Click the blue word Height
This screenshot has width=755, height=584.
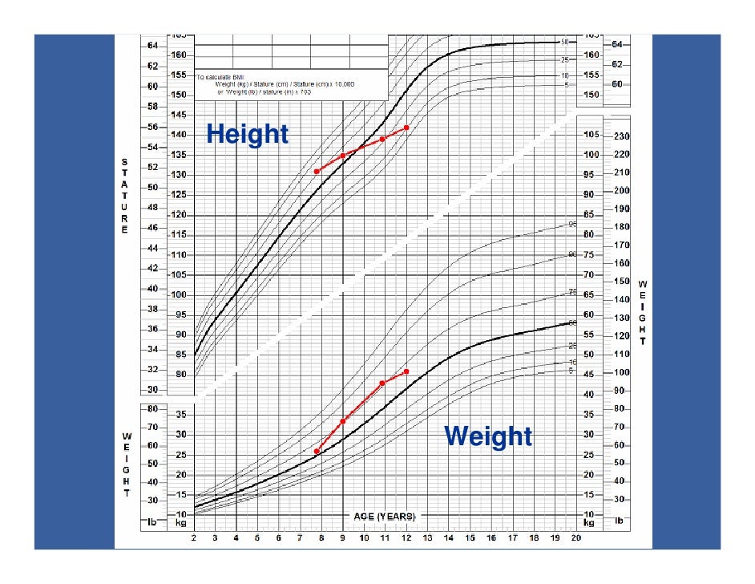(247, 134)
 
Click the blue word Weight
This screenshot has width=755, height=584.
(488, 436)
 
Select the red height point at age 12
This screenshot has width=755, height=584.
(407, 128)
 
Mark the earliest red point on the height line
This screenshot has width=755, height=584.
(317, 171)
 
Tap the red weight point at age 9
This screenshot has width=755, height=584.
(343, 421)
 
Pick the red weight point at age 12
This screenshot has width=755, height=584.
(407, 371)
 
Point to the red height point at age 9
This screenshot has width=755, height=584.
(343, 156)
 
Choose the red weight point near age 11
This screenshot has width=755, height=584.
(382, 383)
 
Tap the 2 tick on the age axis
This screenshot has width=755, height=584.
(194, 539)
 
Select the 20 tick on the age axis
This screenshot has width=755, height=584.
(575, 539)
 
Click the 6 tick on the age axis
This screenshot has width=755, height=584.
(279, 539)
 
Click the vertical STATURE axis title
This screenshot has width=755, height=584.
(123, 196)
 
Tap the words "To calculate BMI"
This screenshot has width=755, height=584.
(224, 76)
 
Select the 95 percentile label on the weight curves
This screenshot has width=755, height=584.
(572, 225)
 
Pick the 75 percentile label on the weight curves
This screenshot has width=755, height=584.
(572, 293)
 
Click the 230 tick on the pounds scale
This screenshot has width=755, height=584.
(621, 136)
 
